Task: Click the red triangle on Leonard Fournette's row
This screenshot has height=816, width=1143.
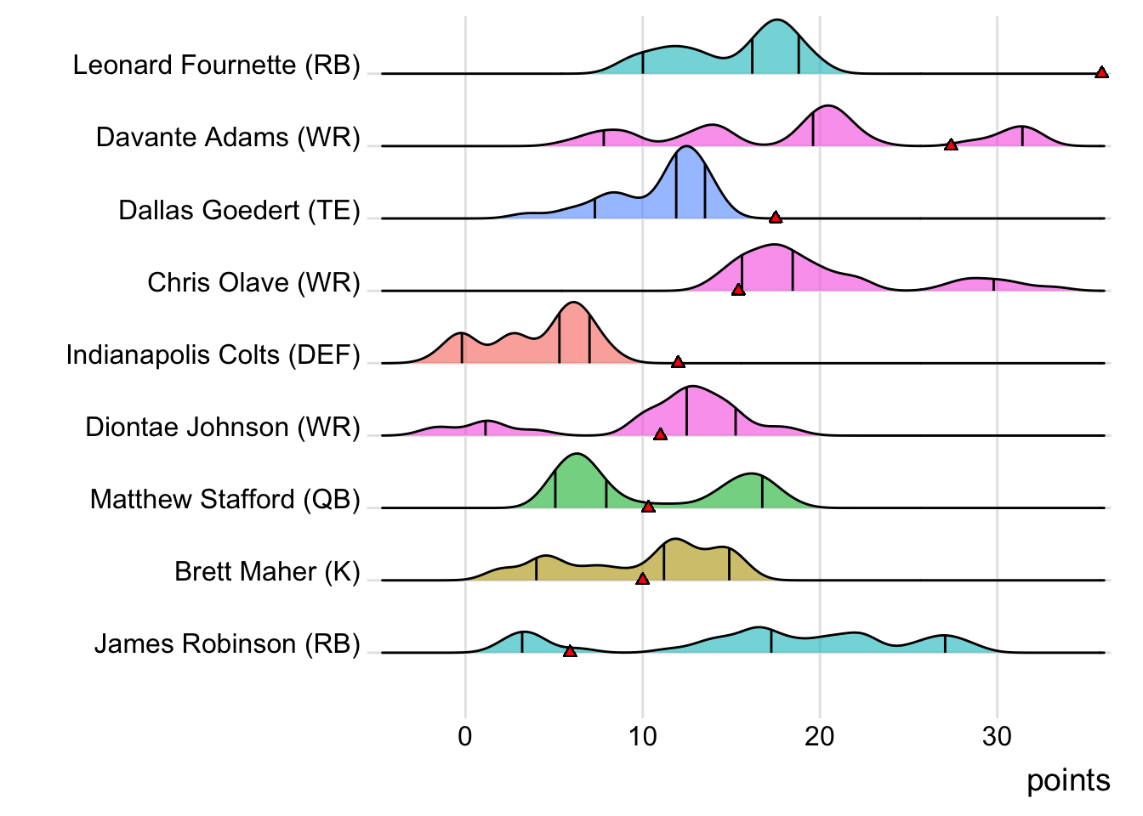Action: pyautogui.click(x=1101, y=73)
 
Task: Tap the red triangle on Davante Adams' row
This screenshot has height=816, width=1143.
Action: pyautogui.click(x=951, y=145)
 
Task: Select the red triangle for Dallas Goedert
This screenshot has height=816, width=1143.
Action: pyautogui.click(x=775, y=218)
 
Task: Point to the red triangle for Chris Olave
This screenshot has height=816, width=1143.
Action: pyautogui.click(x=738, y=290)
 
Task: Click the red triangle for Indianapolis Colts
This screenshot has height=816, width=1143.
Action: pyautogui.click(x=678, y=362)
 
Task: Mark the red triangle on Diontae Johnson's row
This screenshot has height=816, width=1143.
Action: pyautogui.click(x=660, y=434)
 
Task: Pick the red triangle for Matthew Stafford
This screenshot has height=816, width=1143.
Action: pyautogui.click(x=648, y=507)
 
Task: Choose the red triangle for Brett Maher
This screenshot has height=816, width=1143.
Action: pyautogui.click(x=642, y=579)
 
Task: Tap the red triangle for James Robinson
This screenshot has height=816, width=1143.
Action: pyautogui.click(x=570, y=651)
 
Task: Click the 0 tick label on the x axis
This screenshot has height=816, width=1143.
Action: pyautogui.click(x=465, y=736)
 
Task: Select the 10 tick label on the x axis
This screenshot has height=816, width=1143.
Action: pyautogui.click(x=643, y=736)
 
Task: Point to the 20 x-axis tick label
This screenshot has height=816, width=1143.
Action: pyautogui.click(x=820, y=736)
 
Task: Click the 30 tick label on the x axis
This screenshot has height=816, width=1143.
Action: pyautogui.click(x=997, y=736)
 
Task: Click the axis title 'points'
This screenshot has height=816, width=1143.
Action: pyautogui.click(x=1068, y=780)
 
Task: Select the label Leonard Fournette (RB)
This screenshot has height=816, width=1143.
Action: pyautogui.click(x=217, y=65)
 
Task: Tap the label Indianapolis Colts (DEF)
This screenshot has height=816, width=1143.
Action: pyautogui.click(x=213, y=354)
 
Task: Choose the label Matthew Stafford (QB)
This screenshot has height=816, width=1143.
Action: pyautogui.click(x=225, y=499)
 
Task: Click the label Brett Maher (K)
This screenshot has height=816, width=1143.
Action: pyautogui.click(x=267, y=571)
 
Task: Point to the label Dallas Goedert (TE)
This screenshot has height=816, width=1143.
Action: pyautogui.click(x=240, y=210)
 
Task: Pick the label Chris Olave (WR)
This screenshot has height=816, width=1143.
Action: pyautogui.click(x=254, y=282)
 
